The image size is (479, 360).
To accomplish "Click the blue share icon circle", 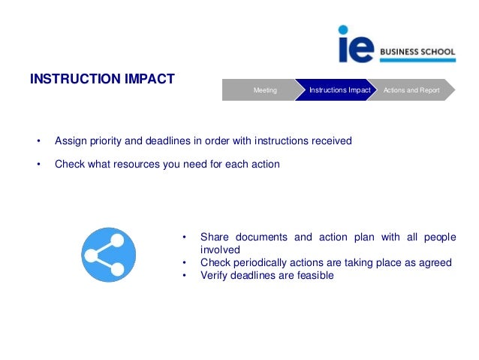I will click(x=108, y=254).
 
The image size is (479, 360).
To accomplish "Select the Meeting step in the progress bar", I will click(x=264, y=90).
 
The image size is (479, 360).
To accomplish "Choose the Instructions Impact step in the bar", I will click(x=339, y=90).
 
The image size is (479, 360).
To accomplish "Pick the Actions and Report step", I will click(x=411, y=90).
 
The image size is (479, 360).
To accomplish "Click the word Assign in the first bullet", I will click(x=71, y=141).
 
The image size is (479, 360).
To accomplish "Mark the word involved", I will click(x=220, y=250).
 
